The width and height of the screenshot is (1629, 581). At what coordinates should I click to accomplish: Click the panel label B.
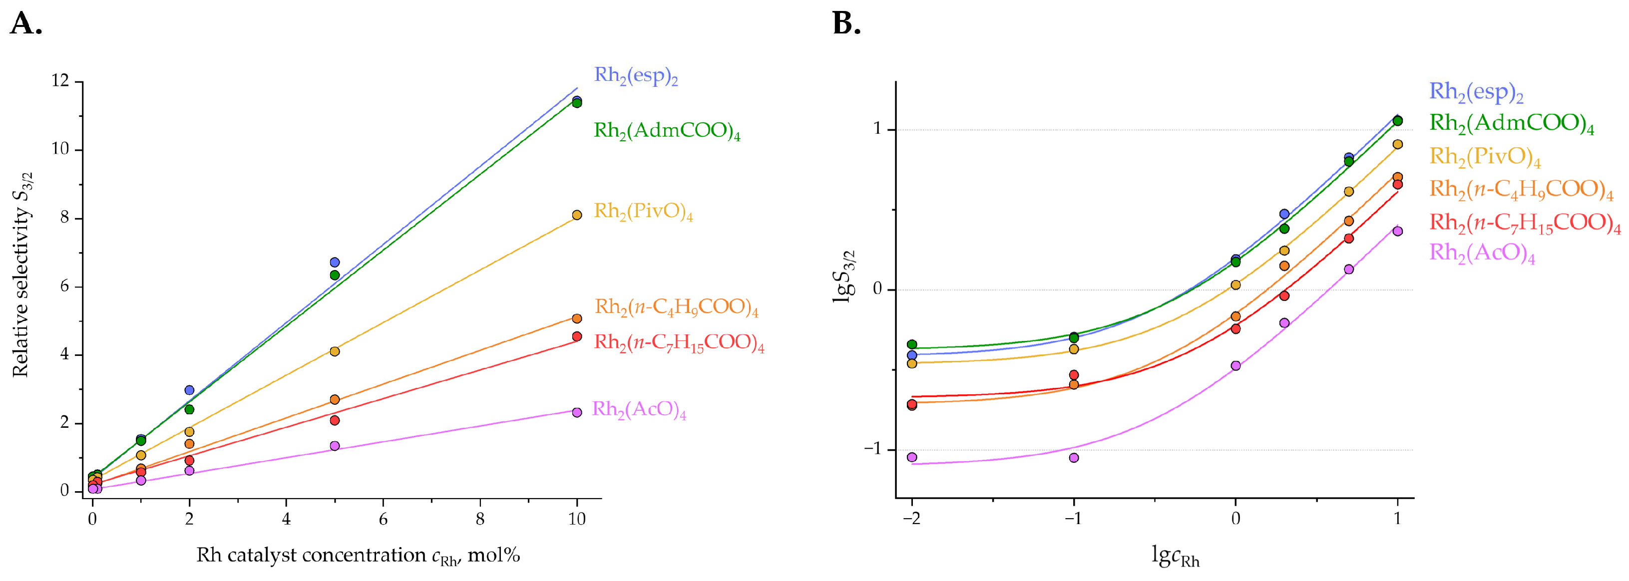(846, 24)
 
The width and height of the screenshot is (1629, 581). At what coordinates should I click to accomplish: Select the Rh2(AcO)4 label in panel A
(638, 410)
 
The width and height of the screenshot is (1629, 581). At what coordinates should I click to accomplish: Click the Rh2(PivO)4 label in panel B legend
(1484, 156)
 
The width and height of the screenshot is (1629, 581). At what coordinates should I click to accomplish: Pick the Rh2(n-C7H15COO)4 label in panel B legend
(1525, 223)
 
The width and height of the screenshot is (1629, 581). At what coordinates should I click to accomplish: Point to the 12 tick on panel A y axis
(61, 81)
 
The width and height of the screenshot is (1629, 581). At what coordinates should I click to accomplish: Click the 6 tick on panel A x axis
(383, 520)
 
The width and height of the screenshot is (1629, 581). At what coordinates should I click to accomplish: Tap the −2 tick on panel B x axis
(911, 520)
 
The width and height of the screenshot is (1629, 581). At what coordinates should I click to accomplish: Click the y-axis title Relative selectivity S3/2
(21, 275)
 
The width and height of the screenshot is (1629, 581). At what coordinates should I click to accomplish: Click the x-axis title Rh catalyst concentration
(358, 555)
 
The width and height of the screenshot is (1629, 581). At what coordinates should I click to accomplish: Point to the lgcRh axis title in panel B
(1176, 557)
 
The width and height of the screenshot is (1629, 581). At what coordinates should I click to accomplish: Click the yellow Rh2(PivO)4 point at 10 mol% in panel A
(577, 215)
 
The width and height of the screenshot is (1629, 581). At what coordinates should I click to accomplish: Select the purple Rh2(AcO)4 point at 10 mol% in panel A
(577, 412)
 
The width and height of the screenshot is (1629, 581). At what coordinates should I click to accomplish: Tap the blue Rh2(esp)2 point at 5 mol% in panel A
(335, 263)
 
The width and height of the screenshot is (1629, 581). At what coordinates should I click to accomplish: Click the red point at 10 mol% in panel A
(577, 336)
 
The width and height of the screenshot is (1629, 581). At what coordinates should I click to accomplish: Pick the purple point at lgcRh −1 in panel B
(1074, 458)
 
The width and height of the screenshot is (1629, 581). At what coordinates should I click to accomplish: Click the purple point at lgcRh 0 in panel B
(1235, 365)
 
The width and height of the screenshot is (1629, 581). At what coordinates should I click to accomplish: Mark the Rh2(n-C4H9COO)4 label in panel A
(675, 307)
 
